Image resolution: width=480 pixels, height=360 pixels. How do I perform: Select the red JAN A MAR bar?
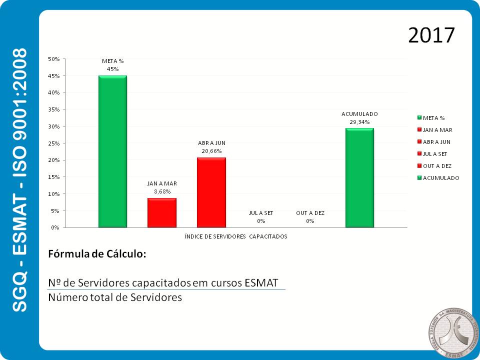(x=161, y=212)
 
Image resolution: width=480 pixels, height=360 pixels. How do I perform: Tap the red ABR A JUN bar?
(x=211, y=192)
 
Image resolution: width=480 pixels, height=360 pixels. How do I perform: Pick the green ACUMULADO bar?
(x=359, y=177)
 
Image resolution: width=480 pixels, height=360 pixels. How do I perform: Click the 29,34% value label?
(x=359, y=121)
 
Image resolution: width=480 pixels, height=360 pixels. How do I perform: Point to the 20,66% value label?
(x=211, y=150)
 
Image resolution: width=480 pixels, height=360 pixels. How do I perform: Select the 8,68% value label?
(x=162, y=191)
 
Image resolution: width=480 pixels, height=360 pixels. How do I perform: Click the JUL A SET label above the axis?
(x=261, y=213)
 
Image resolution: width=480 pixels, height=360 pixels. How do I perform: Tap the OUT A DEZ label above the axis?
(x=310, y=213)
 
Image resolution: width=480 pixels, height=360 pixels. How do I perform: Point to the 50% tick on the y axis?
(x=53, y=59)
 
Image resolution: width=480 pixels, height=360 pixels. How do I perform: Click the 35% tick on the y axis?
(x=53, y=109)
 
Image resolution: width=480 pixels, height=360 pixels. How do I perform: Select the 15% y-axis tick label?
(x=53, y=177)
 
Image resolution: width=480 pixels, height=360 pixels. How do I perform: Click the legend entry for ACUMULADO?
(x=440, y=178)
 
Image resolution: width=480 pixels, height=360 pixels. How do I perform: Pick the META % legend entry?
(x=433, y=118)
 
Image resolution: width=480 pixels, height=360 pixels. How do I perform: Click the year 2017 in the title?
(x=431, y=35)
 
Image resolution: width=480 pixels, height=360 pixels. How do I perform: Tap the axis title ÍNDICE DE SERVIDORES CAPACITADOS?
(x=236, y=236)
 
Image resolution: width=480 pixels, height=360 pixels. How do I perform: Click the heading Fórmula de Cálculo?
(x=97, y=253)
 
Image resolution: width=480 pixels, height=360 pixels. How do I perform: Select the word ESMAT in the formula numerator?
(x=261, y=283)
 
